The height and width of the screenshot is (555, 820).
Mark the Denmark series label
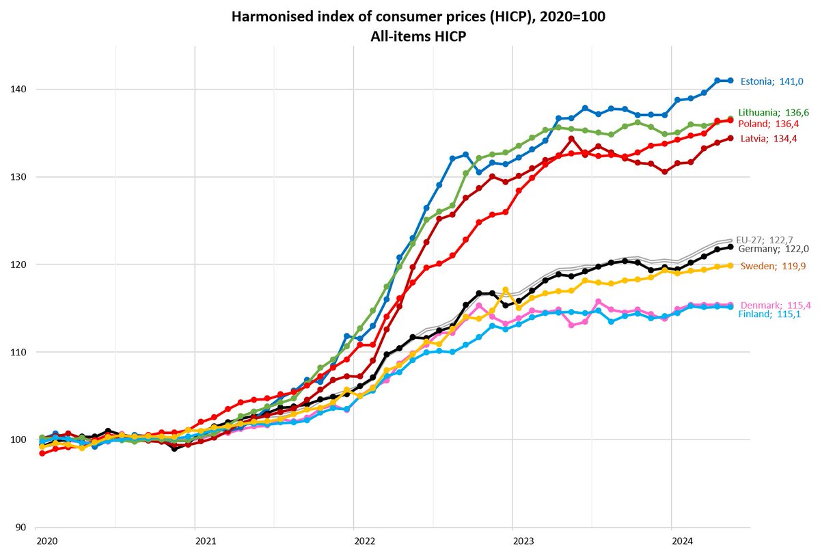pos(773,305)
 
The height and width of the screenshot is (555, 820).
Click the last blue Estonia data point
pos(730,81)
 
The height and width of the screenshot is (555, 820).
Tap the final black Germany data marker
pos(730,247)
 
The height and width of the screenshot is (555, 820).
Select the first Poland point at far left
pos(42,453)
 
